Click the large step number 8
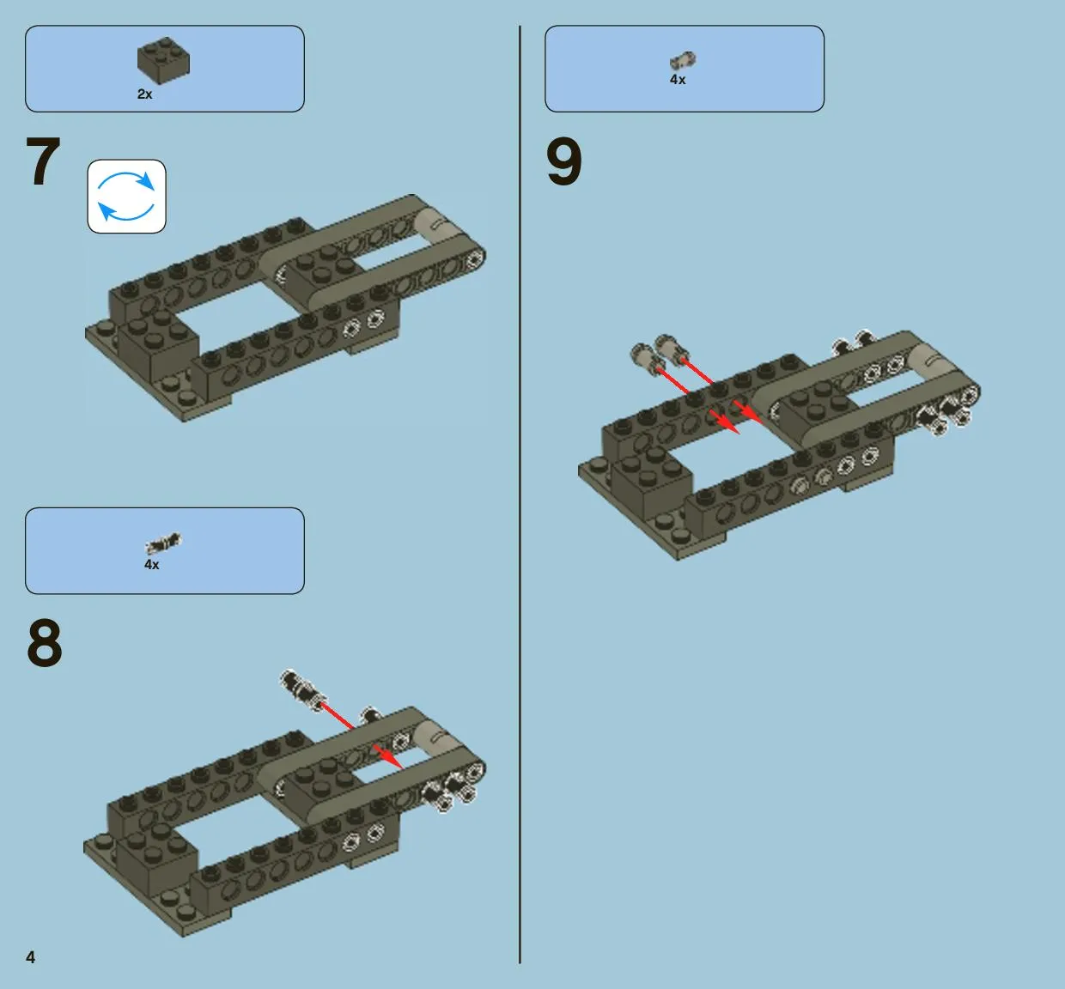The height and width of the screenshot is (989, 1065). [45, 642]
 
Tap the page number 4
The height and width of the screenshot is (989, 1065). [31, 957]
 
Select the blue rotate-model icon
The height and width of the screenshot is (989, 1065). [126, 197]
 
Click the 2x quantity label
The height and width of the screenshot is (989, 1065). [145, 94]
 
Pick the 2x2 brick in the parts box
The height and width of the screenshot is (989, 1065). [163, 60]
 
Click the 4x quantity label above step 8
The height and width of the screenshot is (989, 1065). [152, 564]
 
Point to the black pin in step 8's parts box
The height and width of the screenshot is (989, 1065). [163, 543]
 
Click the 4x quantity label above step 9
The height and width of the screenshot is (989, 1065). [678, 79]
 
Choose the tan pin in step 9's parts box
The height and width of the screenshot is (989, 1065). [683, 60]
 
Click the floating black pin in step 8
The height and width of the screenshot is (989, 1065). [302, 690]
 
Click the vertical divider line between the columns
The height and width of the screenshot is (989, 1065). [520, 493]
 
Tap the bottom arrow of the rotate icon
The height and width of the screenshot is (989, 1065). [126, 215]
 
